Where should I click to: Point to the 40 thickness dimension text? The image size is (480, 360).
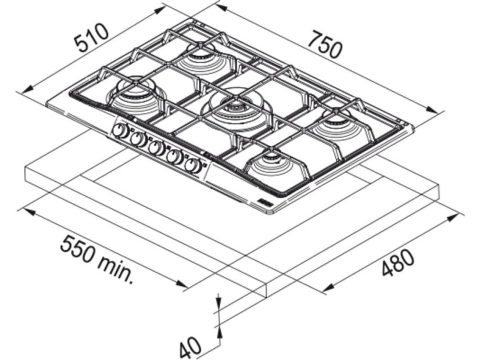[190, 348]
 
